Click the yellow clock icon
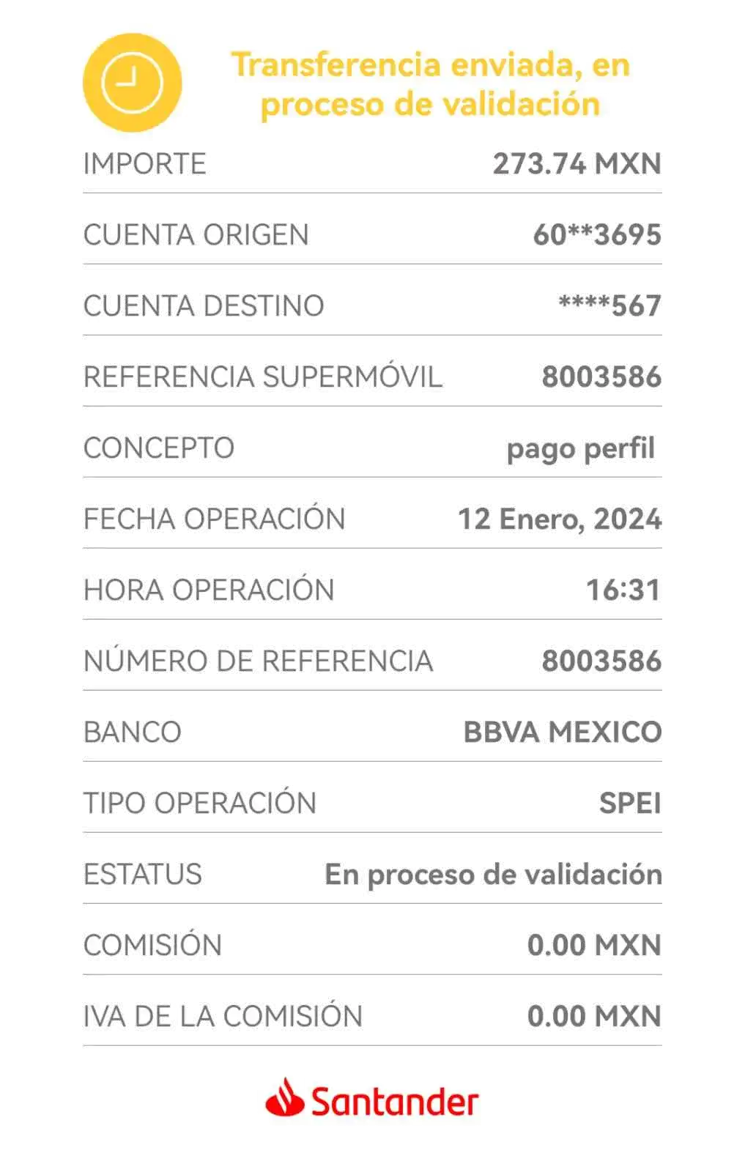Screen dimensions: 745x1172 click(133, 83)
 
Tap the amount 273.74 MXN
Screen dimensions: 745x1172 click(577, 164)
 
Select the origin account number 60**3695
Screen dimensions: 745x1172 click(598, 234)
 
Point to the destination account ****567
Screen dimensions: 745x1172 click(610, 305)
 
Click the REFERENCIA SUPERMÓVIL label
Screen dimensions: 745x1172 click(263, 377)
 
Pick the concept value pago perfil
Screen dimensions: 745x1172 click(581, 449)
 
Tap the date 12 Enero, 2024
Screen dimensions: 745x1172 click(560, 519)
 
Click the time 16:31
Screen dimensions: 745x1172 click(623, 590)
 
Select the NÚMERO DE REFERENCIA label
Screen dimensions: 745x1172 click(259, 660)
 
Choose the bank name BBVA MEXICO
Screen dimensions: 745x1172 click(563, 732)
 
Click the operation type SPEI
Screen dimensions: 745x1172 click(631, 803)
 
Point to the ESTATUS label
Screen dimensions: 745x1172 click(143, 875)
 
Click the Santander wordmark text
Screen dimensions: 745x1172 click(395, 1101)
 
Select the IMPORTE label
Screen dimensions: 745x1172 click(145, 164)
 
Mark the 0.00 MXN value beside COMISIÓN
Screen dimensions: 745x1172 click(594, 945)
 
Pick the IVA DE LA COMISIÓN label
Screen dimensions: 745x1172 click(223, 1015)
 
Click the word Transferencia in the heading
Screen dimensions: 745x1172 click(337, 65)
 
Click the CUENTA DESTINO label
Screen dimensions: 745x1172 click(204, 305)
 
